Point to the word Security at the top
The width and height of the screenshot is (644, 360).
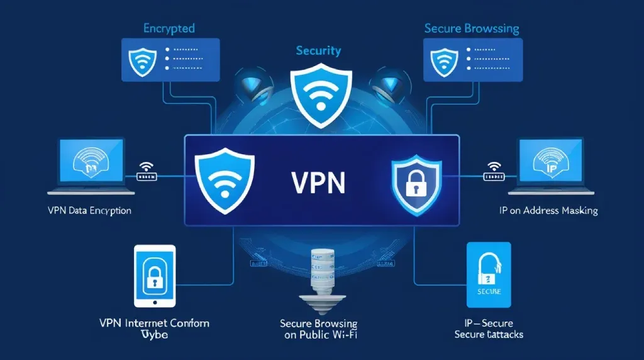pos(318,50)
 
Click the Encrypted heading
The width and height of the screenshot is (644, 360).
pos(169,28)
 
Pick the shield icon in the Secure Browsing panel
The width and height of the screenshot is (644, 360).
pos(443,59)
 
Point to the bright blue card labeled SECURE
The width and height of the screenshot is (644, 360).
pos(489,274)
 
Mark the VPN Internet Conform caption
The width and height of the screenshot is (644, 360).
pos(155,329)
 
